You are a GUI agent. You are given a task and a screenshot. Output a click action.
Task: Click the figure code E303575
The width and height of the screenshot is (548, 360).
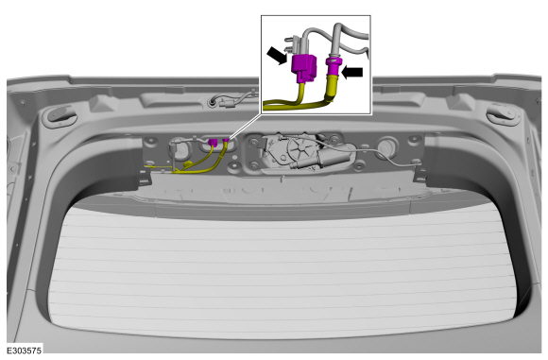click(25, 351)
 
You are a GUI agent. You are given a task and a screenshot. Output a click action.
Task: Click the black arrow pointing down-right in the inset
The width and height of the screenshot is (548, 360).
click(278, 56)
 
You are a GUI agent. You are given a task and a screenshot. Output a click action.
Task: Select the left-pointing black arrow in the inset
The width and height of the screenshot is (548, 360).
click(351, 73)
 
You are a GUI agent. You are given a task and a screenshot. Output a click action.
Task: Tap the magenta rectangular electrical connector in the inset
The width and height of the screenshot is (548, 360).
click(304, 68)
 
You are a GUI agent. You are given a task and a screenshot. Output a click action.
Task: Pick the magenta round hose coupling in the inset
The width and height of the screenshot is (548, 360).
click(333, 67)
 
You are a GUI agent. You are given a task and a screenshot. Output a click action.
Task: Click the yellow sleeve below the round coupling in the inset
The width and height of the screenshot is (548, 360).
click(331, 87)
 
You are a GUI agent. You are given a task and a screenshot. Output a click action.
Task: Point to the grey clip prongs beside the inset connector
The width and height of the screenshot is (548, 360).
click(289, 43)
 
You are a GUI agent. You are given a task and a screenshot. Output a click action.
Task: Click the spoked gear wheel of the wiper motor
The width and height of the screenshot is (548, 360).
click(300, 148)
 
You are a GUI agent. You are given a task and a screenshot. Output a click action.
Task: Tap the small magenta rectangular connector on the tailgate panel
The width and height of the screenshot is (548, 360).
click(213, 143)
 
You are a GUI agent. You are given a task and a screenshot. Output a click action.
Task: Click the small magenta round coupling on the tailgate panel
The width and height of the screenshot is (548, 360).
click(226, 141)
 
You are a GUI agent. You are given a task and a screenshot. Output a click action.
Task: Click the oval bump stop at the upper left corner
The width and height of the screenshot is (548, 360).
click(60, 115)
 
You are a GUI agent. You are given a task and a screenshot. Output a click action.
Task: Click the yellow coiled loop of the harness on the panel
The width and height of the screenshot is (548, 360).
click(188, 164)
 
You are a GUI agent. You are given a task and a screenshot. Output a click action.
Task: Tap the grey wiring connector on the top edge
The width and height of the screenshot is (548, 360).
click(228, 103)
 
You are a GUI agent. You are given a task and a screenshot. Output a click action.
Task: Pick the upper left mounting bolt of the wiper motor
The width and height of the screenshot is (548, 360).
click(253, 142)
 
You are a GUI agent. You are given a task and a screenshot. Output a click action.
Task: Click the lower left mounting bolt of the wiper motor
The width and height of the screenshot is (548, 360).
click(254, 163)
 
